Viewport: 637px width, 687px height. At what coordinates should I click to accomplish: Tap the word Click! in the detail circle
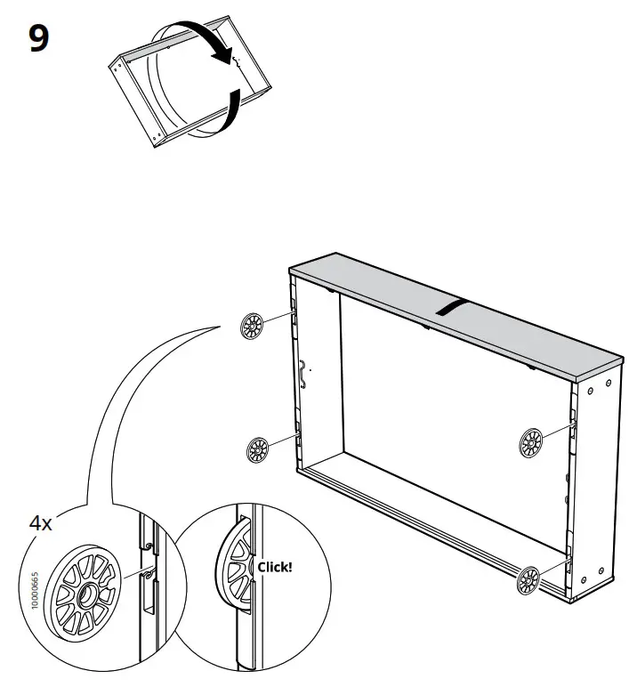[x=274, y=566]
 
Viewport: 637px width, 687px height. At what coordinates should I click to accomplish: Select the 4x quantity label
[x=41, y=522]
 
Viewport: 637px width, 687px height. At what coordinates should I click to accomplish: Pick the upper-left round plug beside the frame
[x=252, y=327]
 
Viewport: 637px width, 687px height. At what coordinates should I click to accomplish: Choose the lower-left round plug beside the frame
[x=257, y=449]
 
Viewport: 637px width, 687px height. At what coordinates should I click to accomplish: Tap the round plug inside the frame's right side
[x=531, y=441]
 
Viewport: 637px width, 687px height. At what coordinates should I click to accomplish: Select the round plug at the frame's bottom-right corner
[x=528, y=581]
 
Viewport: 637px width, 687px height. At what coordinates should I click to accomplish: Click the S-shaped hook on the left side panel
[x=304, y=375]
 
